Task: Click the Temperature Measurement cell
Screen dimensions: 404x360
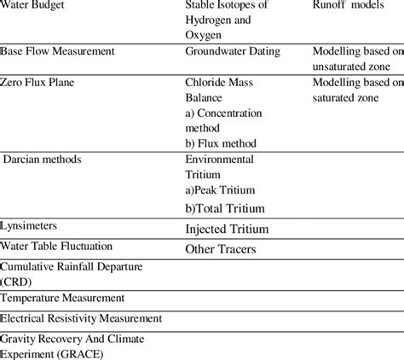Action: point(63,298)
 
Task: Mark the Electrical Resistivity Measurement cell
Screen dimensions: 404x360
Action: point(81,318)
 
